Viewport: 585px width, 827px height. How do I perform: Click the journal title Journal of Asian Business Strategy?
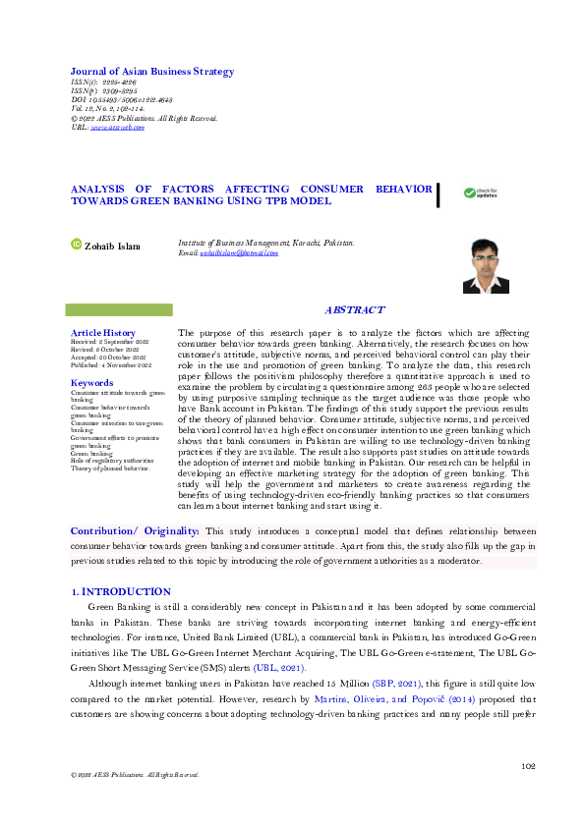pyautogui.click(x=151, y=72)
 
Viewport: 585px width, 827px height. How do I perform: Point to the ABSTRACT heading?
pyautogui.click(x=354, y=309)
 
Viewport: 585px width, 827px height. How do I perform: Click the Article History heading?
pyautogui.click(x=102, y=333)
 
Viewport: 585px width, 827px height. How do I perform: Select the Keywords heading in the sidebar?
pyautogui.click(x=91, y=382)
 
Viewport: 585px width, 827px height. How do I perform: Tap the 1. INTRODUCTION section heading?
pyautogui.click(x=121, y=592)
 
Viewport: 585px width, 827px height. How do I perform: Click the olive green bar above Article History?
pyautogui.click(x=117, y=309)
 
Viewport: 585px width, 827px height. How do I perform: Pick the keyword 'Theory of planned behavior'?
pyautogui.click(x=109, y=469)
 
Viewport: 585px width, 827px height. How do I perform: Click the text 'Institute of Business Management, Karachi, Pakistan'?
pyautogui.click(x=265, y=242)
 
